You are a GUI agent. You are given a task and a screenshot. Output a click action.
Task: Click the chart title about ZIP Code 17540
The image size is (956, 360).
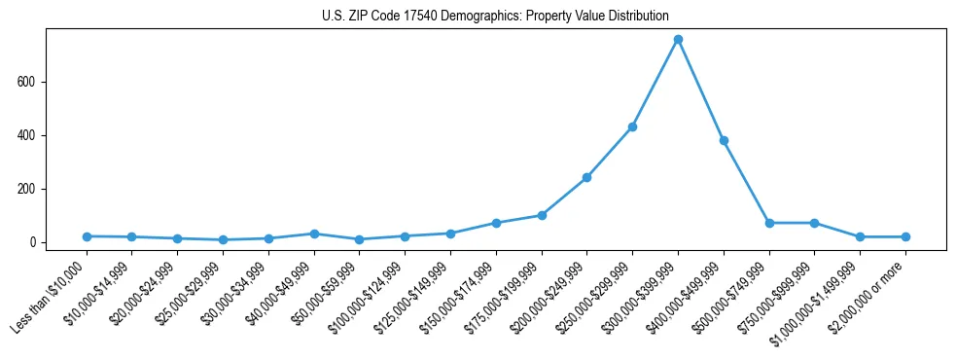point(495,16)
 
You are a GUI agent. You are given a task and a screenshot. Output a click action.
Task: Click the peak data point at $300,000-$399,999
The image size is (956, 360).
point(678,40)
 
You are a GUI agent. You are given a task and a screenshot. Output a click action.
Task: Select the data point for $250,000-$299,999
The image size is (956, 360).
point(632,126)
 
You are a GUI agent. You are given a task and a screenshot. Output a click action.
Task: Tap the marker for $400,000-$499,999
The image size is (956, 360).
point(724,140)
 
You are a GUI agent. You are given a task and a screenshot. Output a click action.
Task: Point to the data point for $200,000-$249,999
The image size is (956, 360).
point(586,177)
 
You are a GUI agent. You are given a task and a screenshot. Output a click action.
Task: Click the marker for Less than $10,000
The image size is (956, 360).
point(87,236)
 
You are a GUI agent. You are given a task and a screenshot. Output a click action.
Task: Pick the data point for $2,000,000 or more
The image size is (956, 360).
point(905,236)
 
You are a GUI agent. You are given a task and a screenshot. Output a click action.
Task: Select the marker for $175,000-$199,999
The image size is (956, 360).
point(542,215)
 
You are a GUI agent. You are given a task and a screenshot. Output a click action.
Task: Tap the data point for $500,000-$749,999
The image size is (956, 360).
point(769,223)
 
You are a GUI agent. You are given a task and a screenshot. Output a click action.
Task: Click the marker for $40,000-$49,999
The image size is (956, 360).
point(314,234)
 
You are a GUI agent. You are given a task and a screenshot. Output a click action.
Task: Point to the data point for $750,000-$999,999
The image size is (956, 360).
point(814,223)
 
